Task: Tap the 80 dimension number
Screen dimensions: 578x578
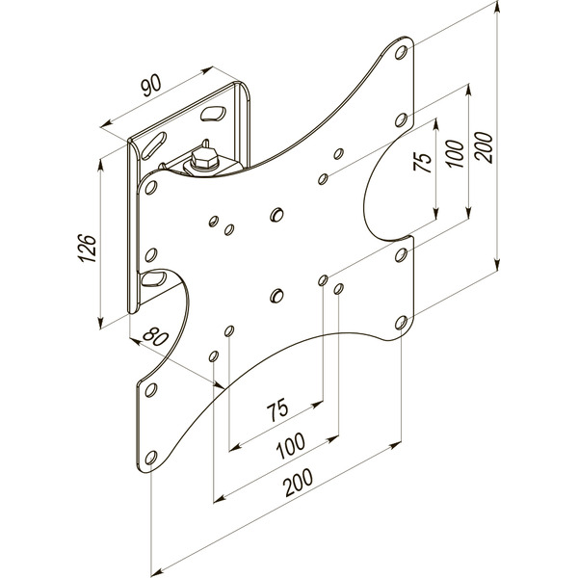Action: [152, 339]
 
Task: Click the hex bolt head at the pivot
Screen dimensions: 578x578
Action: [204, 158]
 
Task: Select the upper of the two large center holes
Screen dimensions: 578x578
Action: [276, 213]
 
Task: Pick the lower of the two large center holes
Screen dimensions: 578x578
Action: [276, 295]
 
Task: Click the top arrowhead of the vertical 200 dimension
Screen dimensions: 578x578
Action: [497, 12]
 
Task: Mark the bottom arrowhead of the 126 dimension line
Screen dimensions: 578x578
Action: [100, 326]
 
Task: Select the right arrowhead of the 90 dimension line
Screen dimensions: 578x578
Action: [209, 69]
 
